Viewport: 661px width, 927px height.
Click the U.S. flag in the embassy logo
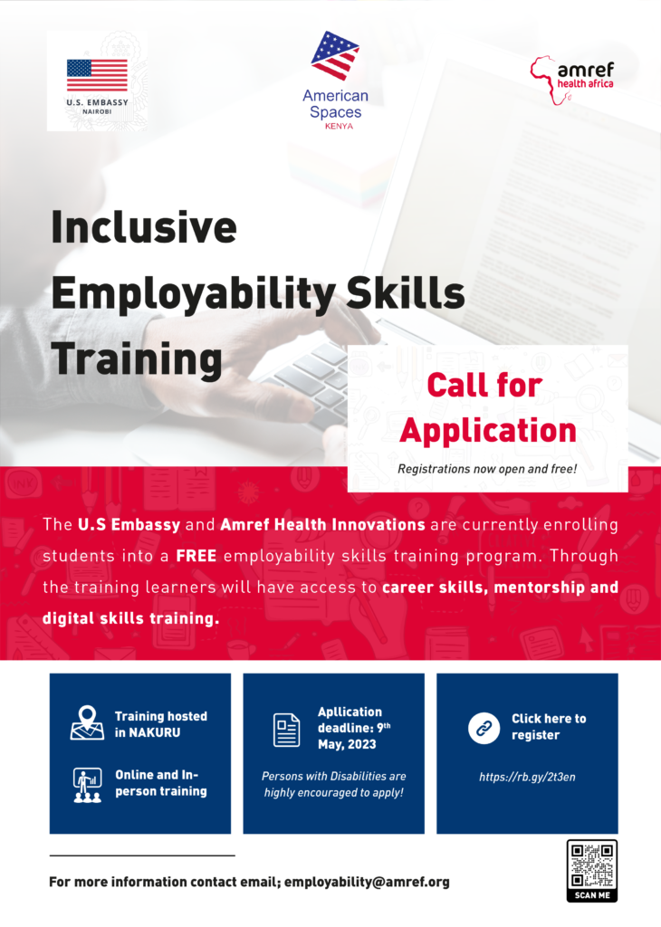point(97,75)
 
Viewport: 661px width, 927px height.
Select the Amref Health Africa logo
point(571,77)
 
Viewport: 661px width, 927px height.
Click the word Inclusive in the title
point(144,227)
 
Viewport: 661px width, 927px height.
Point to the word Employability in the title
point(181,293)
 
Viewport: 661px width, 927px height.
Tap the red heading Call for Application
point(487,407)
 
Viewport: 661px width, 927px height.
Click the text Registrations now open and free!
point(487,470)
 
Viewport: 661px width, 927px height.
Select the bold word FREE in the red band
point(196,555)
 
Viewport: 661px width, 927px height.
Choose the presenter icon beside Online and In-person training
point(87,784)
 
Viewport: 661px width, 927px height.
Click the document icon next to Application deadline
point(287,730)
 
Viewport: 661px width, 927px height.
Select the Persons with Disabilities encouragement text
point(333,784)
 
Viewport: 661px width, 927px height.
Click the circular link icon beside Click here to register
point(484,727)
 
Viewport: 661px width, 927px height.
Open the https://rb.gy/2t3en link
point(527,777)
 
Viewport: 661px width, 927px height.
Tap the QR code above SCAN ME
point(591,865)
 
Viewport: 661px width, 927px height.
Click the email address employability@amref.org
point(367,882)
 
